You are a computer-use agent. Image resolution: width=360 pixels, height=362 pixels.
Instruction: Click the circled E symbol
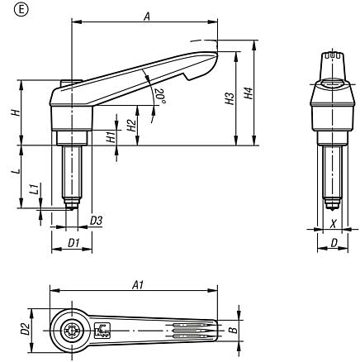click(9, 9)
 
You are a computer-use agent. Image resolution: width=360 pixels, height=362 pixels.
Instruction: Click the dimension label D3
click(96, 221)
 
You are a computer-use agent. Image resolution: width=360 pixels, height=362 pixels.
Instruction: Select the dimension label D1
click(72, 244)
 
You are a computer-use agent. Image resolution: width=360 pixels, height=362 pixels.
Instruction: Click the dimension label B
click(234, 330)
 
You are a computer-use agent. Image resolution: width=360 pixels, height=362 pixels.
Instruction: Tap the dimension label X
click(332, 223)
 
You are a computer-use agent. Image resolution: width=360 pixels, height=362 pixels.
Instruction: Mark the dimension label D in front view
click(332, 244)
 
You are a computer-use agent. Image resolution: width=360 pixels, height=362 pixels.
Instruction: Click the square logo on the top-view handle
click(102, 331)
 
